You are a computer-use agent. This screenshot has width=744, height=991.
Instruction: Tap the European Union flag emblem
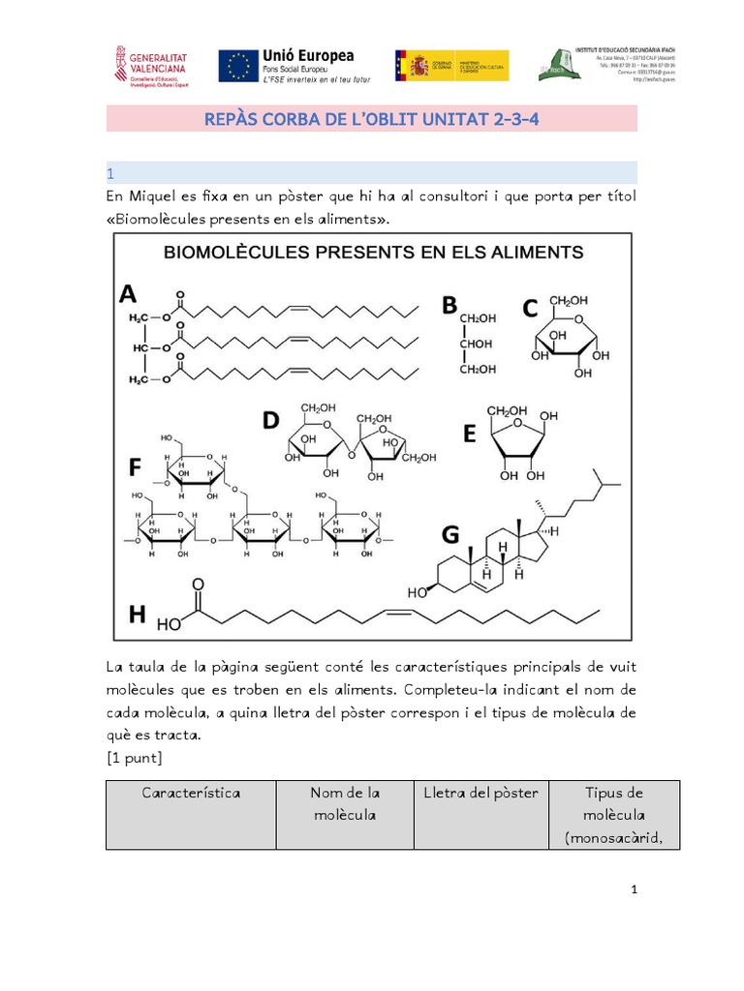(x=238, y=66)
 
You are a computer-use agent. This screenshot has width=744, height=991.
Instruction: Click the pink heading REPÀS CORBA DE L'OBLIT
(x=371, y=119)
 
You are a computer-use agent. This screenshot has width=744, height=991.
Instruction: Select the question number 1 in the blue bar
(x=111, y=174)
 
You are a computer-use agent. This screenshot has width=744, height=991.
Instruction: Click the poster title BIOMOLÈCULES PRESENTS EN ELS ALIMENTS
(x=373, y=253)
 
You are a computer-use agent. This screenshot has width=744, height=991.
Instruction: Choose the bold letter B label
(x=449, y=306)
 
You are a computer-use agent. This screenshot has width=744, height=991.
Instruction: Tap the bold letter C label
(x=529, y=309)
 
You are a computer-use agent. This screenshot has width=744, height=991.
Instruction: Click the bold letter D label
(x=271, y=420)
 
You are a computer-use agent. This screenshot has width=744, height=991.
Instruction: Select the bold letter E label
(x=469, y=435)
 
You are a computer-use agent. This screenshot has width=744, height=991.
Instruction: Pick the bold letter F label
(x=137, y=468)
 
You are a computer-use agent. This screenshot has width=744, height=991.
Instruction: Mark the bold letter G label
(x=449, y=533)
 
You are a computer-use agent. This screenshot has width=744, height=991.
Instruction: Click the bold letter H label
(x=138, y=614)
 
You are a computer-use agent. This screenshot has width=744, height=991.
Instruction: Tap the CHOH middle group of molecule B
(x=477, y=344)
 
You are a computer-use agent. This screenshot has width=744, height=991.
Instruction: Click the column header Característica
(x=191, y=793)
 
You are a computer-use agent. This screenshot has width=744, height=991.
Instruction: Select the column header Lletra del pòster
(x=480, y=793)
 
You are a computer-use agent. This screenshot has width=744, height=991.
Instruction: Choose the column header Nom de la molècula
(x=344, y=803)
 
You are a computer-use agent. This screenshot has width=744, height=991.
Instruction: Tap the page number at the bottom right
(x=633, y=889)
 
